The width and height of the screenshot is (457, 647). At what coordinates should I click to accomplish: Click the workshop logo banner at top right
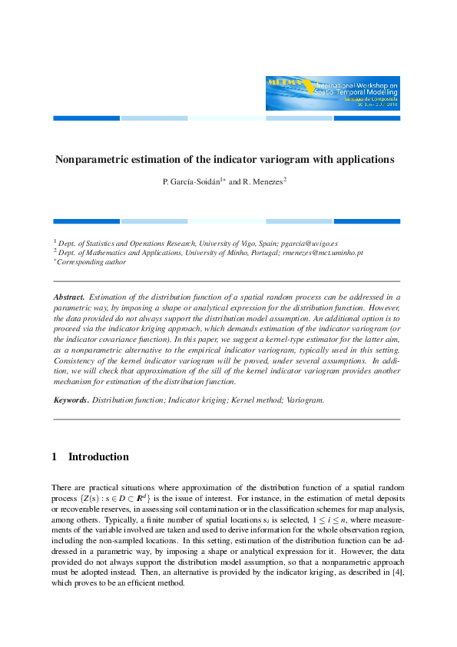point(333,93)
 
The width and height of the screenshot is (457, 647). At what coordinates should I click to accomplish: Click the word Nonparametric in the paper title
point(92,160)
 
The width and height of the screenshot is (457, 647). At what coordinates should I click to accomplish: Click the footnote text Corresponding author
point(92,261)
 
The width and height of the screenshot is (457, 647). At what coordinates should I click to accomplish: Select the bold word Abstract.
point(69,296)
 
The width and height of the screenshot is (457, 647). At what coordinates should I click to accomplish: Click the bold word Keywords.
point(71,400)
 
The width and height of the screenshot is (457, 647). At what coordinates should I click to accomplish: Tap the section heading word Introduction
point(98,457)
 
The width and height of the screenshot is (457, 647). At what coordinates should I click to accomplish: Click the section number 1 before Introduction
point(55,457)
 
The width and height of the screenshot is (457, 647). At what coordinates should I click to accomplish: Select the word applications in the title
point(363,160)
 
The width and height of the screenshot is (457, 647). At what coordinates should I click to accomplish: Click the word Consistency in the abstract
point(75,360)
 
